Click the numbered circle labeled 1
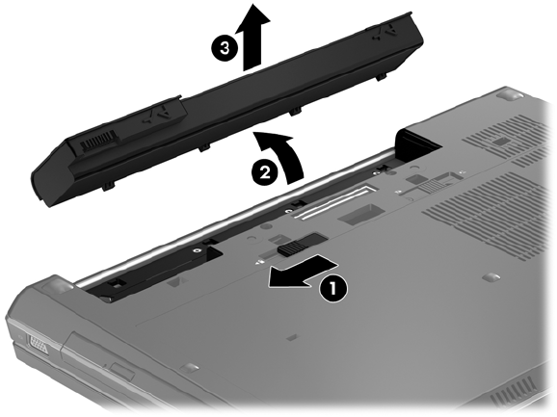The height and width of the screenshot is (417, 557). pos(332,288)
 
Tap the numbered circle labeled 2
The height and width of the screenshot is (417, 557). pos(265,172)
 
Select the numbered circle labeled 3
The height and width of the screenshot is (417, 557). pos(225,47)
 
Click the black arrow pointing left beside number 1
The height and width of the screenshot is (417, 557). pos(302,271)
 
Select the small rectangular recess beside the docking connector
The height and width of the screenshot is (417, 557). pos(360,214)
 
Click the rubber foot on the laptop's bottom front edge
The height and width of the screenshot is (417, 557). pos(190,368)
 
